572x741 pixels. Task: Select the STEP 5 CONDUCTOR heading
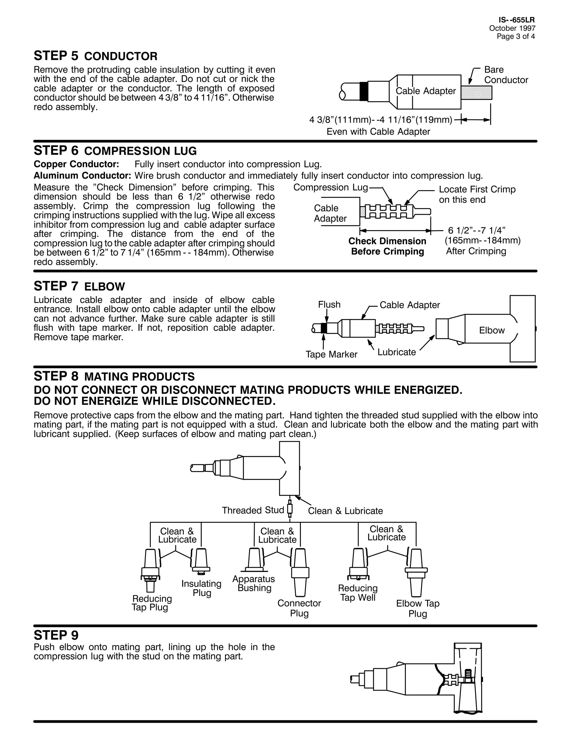point(96,56)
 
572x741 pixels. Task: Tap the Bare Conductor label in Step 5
point(506,75)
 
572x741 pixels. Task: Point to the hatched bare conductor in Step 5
point(476,92)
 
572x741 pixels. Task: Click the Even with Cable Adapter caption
point(378,132)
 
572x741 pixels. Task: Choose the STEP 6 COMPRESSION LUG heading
point(115,150)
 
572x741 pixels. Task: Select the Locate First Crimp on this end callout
point(477,194)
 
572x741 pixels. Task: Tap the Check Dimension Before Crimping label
point(387,246)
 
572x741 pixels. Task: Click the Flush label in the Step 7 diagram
point(329,305)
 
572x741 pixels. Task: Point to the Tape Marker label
point(332,354)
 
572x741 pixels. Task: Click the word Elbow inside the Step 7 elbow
point(492,330)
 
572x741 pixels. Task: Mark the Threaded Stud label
point(253,510)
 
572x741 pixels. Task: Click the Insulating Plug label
point(201,588)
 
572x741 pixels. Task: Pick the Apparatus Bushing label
point(254,583)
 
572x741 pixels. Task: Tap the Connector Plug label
point(299,608)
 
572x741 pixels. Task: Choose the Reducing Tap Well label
point(358,593)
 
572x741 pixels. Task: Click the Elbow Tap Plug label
point(418,608)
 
